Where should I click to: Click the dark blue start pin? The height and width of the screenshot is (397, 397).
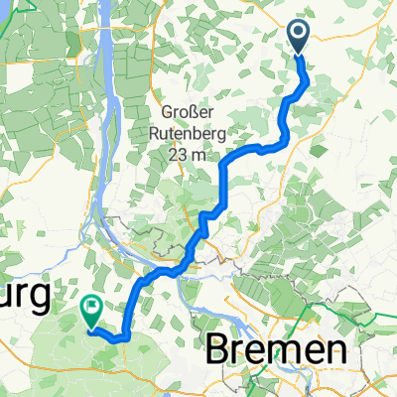click(x=299, y=38)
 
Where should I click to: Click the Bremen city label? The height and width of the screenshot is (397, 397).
click(x=277, y=350)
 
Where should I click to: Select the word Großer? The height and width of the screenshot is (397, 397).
click(x=187, y=110)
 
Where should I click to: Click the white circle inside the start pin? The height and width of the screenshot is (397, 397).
click(x=299, y=33)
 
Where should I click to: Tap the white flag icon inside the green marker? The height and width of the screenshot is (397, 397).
click(x=91, y=309)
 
